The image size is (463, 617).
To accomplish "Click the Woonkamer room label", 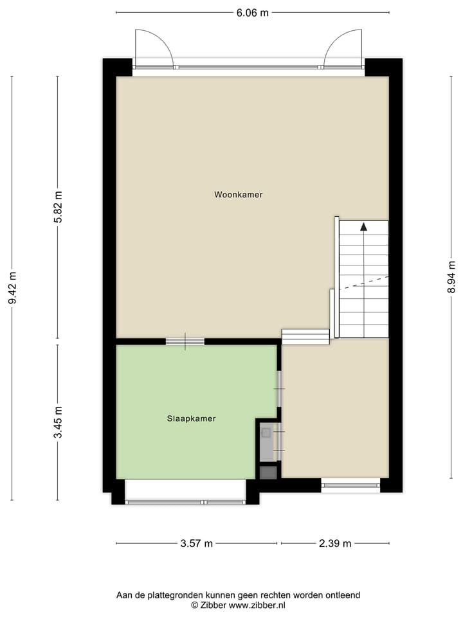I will [239, 195].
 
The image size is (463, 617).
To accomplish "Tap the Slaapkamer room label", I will [191, 418].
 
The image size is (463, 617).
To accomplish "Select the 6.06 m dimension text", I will [252, 13].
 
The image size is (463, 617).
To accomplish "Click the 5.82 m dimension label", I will [58, 208].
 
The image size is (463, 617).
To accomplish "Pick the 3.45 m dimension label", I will [58, 423].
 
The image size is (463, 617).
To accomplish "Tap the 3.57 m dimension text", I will [196, 544].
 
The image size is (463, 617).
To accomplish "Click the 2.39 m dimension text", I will [334, 544].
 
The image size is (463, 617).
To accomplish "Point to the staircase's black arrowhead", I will [363, 226].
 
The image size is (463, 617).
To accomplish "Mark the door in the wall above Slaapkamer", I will [185, 341].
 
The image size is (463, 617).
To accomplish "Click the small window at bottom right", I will [350, 485].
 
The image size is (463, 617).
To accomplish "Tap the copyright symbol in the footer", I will [194, 605].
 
